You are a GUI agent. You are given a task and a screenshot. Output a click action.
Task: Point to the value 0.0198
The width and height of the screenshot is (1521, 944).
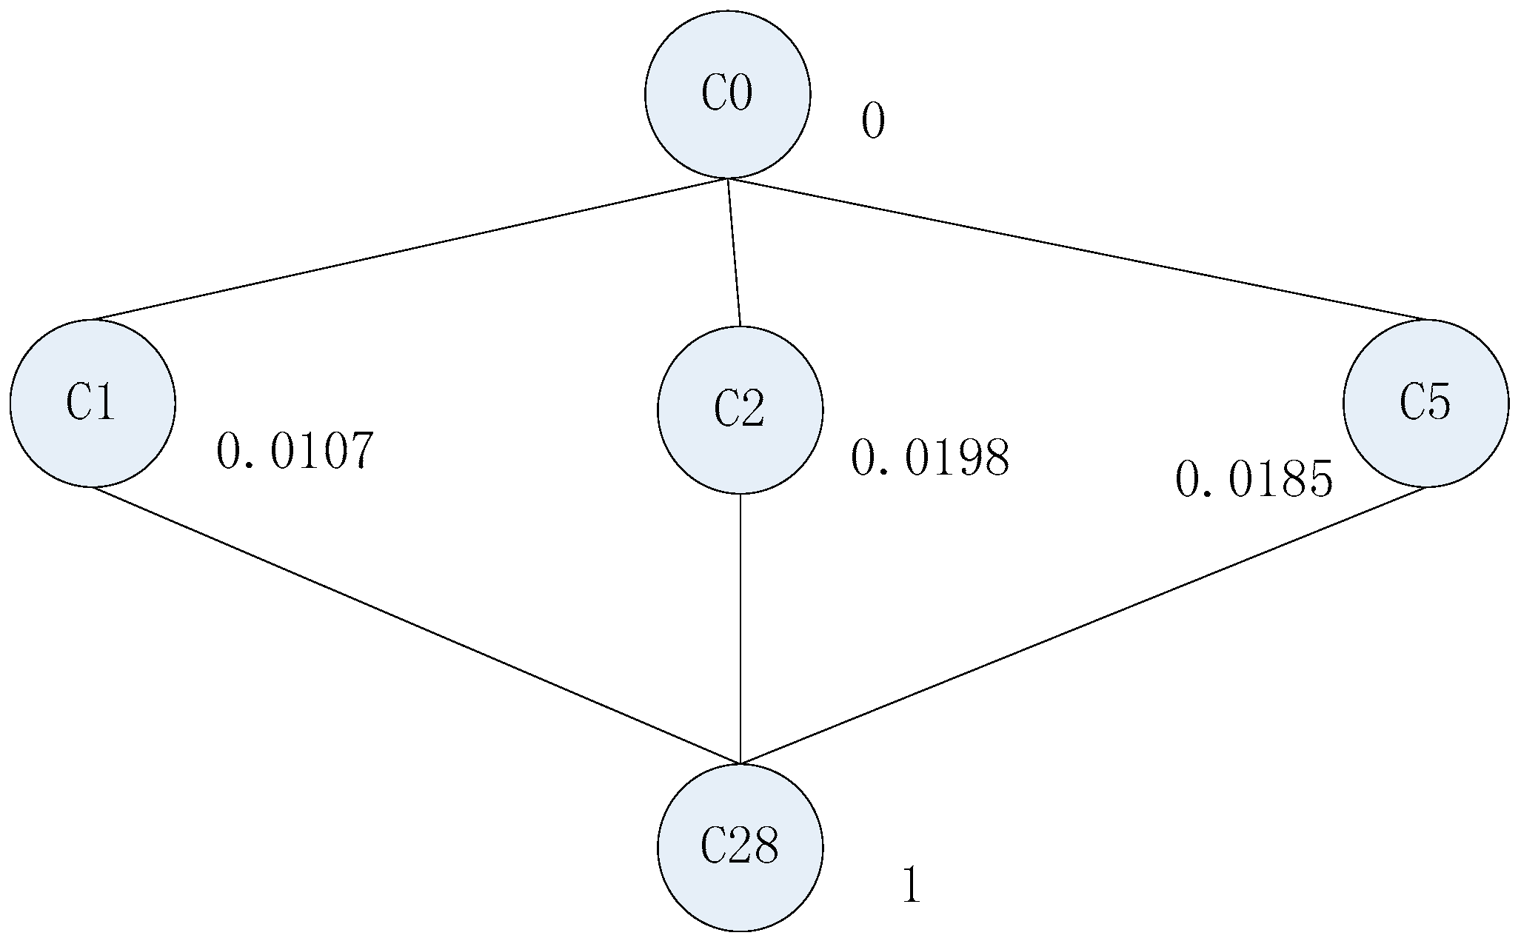click(x=929, y=458)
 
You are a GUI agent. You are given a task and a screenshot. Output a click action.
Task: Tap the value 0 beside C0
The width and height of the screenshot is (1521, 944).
click(x=873, y=121)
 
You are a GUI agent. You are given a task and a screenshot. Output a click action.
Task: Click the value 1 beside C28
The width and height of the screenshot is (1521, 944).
click(x=912, y=885)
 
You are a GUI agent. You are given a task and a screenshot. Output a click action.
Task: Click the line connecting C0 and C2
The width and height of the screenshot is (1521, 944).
click(x=734, y=252)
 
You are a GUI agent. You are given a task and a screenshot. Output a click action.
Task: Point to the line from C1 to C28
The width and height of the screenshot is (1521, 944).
click(x=415, y=625)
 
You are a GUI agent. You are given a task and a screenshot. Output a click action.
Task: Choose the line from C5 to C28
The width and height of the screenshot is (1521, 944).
click(x=1083, y=625)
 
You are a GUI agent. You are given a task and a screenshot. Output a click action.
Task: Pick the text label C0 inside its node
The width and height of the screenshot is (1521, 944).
click(x=726, y=94)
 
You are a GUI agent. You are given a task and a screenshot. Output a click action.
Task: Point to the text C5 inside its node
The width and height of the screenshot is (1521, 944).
click(x=1425, y=403)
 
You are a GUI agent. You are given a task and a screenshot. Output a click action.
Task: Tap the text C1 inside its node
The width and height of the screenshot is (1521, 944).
click(x=91, y=403)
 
